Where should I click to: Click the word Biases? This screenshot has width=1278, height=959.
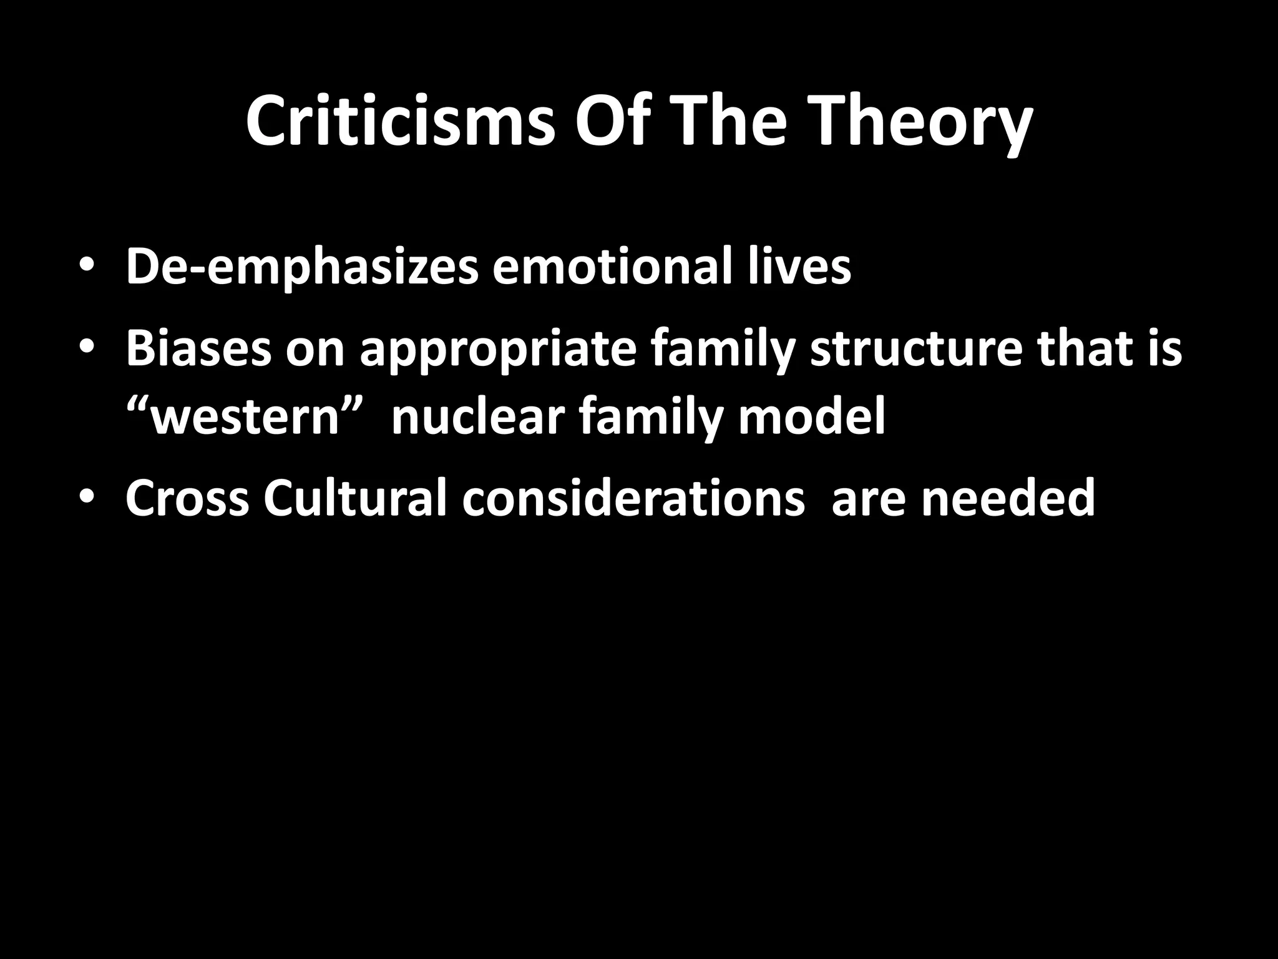pos(198,348)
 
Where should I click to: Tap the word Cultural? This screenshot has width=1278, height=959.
pos(355,498)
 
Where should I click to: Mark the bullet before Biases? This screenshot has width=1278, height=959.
pos(87,348)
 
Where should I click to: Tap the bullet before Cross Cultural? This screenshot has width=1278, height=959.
pos(87,498)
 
